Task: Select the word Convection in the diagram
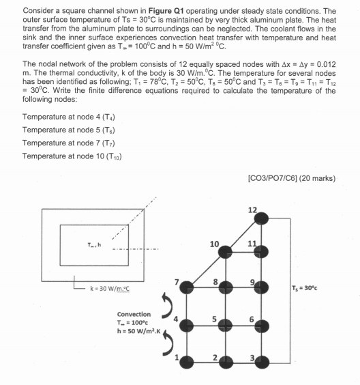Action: (x=134, y=315)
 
